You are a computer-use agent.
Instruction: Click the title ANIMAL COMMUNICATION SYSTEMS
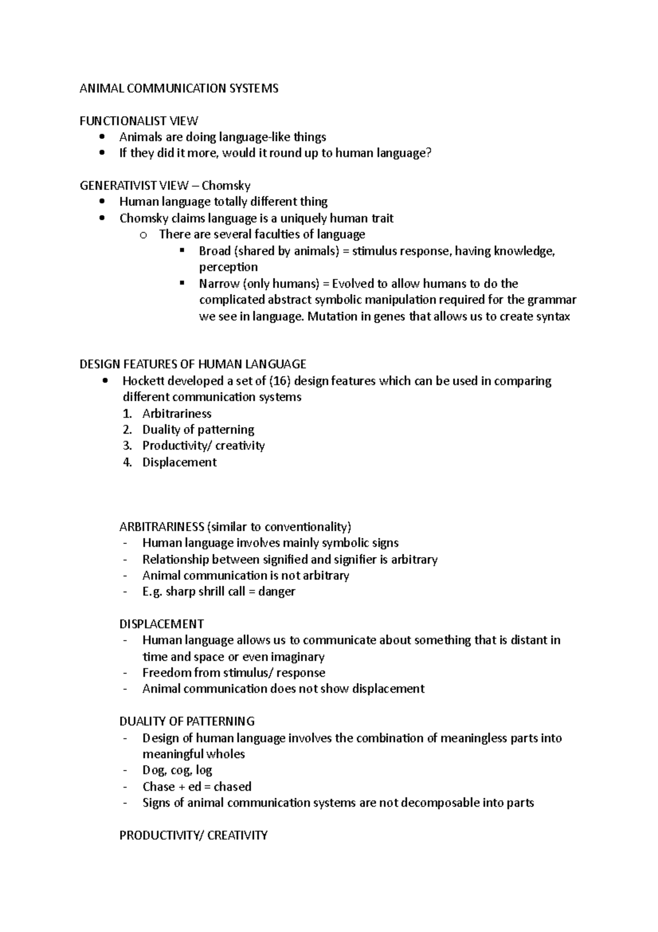(179, 88)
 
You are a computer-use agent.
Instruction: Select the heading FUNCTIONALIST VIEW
(139, 121)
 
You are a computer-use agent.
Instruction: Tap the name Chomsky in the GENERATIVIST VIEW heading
(226, 186)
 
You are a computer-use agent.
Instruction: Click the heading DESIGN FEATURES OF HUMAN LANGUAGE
(192, 364)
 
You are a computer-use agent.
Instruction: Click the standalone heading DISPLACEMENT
(161, 624)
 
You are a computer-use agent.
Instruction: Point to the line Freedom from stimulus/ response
(234, 673)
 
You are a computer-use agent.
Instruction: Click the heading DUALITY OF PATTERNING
(187, 721)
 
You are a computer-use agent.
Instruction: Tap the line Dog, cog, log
(177, 770)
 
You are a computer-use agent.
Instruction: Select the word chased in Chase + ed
(232, 787)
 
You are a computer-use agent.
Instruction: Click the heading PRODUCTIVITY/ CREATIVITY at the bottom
(193, 835)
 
